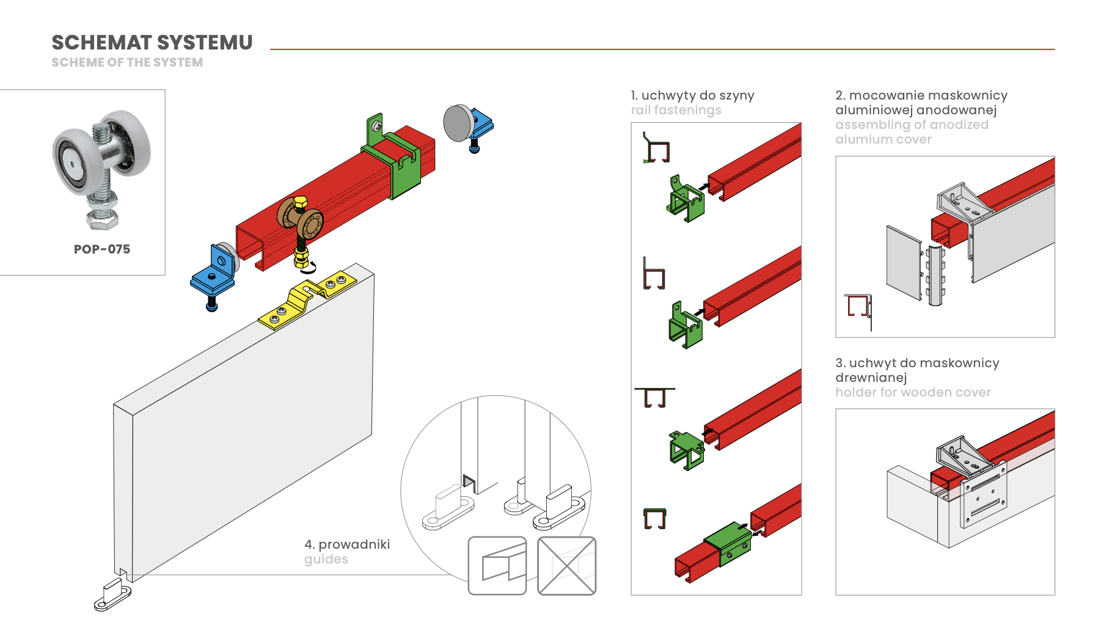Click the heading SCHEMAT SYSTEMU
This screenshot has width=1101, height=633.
pos(152,43)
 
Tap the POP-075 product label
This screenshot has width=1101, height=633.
pos(102,249)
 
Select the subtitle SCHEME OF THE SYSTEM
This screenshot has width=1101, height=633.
pos(127,62)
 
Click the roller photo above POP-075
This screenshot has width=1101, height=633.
pos(101,169)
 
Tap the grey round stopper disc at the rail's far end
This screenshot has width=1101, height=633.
pos(459,123)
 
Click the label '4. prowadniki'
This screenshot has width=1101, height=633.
pos(347,544)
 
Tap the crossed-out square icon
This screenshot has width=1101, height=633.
pos(566,566)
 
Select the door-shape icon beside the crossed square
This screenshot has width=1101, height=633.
pos(497,566)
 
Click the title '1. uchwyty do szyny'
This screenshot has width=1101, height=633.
pos(692,95)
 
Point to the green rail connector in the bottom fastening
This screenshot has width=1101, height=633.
pos(727,544)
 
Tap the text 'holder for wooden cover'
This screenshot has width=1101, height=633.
pos(913,392)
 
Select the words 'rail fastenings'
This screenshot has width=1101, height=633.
pos(676,110)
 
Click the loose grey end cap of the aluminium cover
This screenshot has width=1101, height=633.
pos(904,263)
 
